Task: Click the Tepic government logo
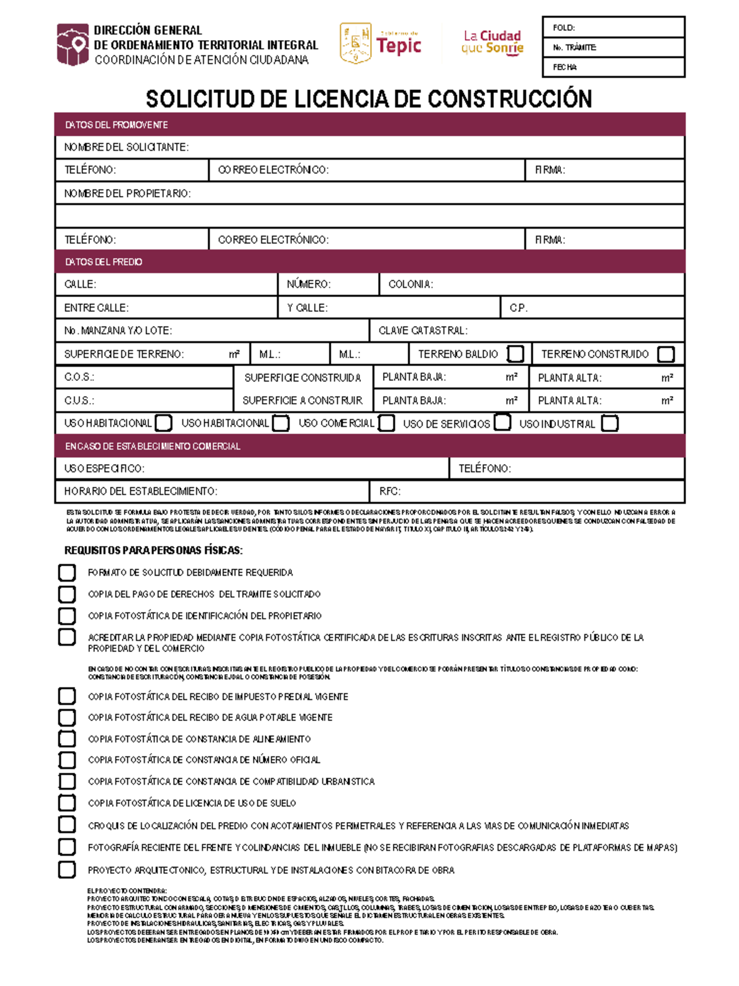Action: [x=381, y=43]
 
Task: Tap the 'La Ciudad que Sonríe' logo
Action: [x=493, y=42]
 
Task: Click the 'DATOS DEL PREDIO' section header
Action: [x=369, y=262]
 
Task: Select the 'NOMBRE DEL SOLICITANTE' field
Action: [x=431, y=147]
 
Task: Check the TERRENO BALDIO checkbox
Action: [x=515, y=354]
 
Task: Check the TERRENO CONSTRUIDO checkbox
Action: [x=666, y=354]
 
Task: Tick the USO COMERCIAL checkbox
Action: [x=387, y=423]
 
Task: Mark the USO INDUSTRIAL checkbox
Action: [x=610, y=424]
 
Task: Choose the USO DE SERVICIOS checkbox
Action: [x=503, y=423]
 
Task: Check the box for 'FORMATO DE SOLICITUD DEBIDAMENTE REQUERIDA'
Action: [x=67, y=572]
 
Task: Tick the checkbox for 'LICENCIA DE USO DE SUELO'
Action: [x=67, y=803]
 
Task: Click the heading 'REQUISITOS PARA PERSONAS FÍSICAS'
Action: [x=153, y=550]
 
